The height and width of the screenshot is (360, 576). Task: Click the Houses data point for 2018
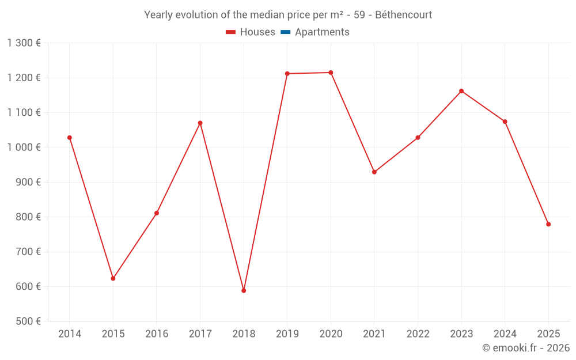coord(244,290)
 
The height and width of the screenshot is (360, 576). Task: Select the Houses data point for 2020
coord(331,73)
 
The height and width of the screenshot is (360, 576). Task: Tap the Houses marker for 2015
coord(113,278)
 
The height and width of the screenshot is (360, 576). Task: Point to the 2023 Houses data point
coord(461,91)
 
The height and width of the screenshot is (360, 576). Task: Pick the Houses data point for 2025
coord(548,224)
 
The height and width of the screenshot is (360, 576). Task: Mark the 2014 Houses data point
coord(70,138)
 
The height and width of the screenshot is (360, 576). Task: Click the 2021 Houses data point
coord(374,172)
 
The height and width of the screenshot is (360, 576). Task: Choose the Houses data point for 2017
coord(200,123)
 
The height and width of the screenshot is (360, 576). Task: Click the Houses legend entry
coord(251,32)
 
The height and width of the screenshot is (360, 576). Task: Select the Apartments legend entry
coord(321,32)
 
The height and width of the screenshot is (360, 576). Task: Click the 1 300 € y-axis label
coord(24,43)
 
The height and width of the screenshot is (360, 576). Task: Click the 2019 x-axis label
coord(287,334)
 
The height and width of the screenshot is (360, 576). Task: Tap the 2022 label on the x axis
coord(418,334)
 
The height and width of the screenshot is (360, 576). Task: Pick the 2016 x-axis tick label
coord(157,334)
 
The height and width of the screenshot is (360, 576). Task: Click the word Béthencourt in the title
coord(403,15)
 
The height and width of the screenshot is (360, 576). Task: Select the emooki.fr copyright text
coord(526,348)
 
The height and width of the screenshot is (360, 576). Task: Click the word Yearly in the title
coord(159,15)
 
